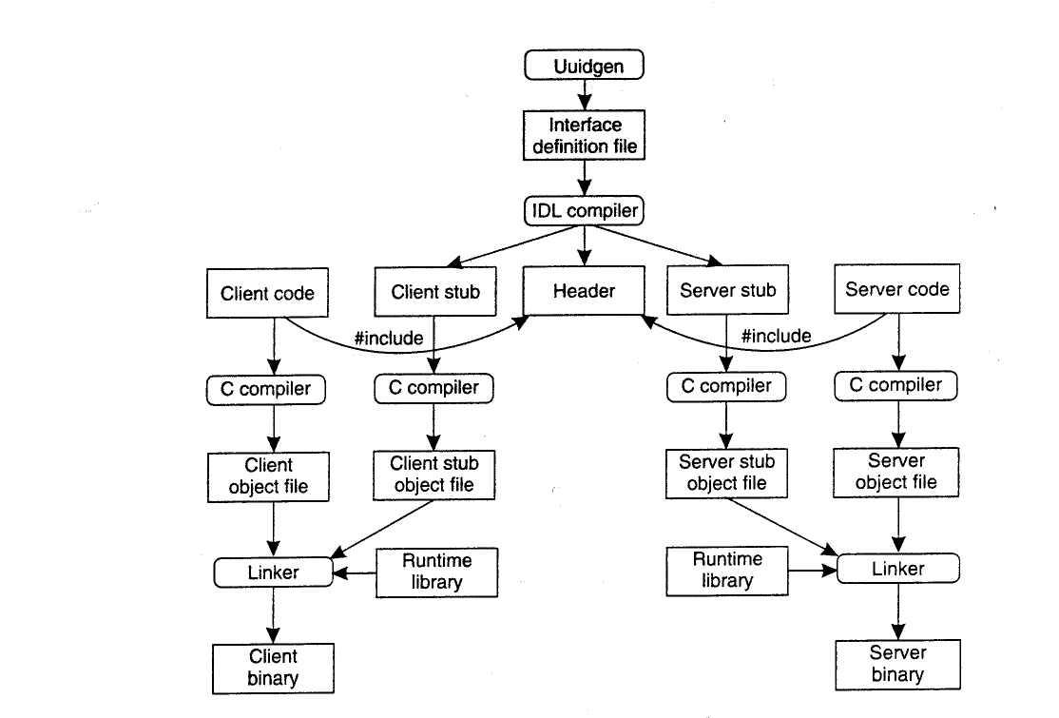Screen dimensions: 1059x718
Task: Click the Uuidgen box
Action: coord(585,65)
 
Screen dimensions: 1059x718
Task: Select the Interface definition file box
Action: coord(585,135)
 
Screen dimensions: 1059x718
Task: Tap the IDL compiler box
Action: coord(585,211)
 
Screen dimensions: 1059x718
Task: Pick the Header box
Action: coord(585,290)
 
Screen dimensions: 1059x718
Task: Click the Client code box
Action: coord(267,293)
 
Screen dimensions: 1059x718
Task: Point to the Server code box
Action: coord(896,289)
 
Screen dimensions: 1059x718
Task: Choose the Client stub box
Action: coord(435,292)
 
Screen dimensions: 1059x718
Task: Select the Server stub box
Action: coord(727,290)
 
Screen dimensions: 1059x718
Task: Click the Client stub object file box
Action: coord(433,475)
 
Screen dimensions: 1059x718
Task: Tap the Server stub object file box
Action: coord(726,473)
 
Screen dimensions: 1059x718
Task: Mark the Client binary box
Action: coord(273,668)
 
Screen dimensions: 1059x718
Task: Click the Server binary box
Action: coord(897,665)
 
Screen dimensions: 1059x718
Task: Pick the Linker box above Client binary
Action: coord(274,572)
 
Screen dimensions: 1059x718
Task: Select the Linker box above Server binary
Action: coord(898,569)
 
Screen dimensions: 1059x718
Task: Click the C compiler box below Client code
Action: coord(266,390)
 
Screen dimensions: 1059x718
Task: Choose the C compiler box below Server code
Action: coord(895,386)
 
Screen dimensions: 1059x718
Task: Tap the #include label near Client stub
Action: coord(389,338)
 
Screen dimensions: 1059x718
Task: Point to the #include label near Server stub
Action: coord(776,336)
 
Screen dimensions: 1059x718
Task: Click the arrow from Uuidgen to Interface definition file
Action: coord(585,95)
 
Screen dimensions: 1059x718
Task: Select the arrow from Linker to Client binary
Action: coord(274,615)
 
